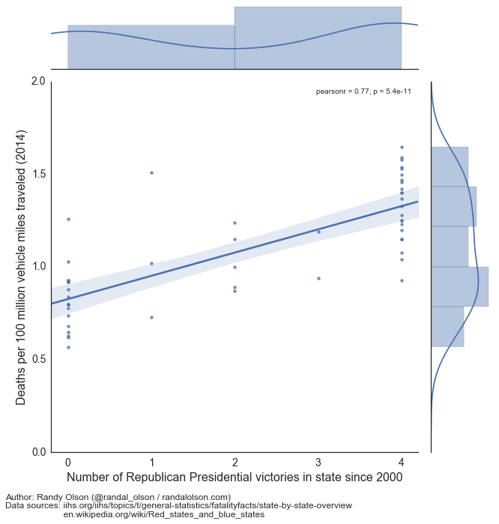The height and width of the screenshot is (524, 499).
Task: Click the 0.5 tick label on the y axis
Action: coord(37,359)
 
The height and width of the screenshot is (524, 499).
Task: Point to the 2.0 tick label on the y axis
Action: coord(37,81)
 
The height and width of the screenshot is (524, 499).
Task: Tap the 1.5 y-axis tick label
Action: coord(37,174)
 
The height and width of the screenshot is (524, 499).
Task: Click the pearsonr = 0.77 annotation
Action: coord(363,91)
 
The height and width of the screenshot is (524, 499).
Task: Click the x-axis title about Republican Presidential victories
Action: coord(235,478)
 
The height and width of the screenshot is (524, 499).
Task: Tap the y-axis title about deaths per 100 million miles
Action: coord(21,267)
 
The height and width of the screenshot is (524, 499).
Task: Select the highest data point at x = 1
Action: coord(152,172)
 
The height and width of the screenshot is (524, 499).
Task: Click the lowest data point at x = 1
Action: coord(152,317)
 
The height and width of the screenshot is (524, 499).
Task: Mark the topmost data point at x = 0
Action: coord(68,219)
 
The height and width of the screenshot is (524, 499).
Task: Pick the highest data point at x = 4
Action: coord(402,147)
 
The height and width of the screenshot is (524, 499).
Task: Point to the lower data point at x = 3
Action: coord(318,278)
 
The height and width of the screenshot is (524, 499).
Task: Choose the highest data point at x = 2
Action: coord(235,223)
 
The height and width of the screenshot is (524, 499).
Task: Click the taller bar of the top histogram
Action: coord(318,37)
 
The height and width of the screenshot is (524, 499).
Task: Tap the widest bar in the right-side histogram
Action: coord(459,286)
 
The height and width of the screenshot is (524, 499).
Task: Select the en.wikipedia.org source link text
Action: coord(163,514)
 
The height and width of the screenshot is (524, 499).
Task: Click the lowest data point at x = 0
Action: coord(68,347)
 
